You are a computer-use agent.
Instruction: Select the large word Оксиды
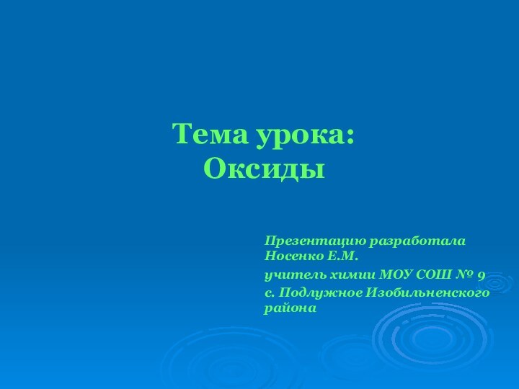tap(264, 169)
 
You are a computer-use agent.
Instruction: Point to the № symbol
tap(463, 275)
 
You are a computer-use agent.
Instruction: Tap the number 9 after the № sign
tap(481, 276)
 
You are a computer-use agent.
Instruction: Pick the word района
tap(290, 308)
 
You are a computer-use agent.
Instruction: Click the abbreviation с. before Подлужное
tap(270, 292)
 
